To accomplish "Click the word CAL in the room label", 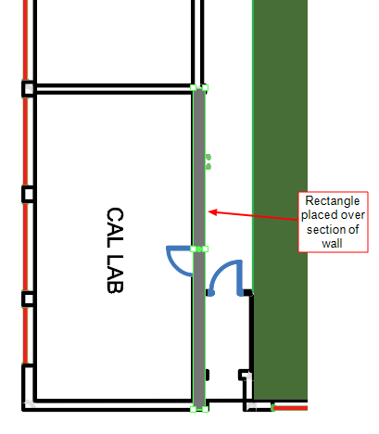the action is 115,227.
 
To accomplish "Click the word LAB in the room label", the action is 115,274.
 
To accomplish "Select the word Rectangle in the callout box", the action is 333,201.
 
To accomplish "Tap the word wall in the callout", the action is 332,243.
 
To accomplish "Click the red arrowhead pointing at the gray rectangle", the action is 212,212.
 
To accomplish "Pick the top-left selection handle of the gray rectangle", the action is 193,88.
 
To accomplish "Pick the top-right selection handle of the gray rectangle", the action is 205,88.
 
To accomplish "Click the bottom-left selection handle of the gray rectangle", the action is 193,409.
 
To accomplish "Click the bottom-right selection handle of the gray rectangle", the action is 205,409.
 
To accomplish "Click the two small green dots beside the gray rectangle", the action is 208,162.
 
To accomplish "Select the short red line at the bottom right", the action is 290,408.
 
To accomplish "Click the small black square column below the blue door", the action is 246,375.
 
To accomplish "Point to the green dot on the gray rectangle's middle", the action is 199,249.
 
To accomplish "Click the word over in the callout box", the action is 351,215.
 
